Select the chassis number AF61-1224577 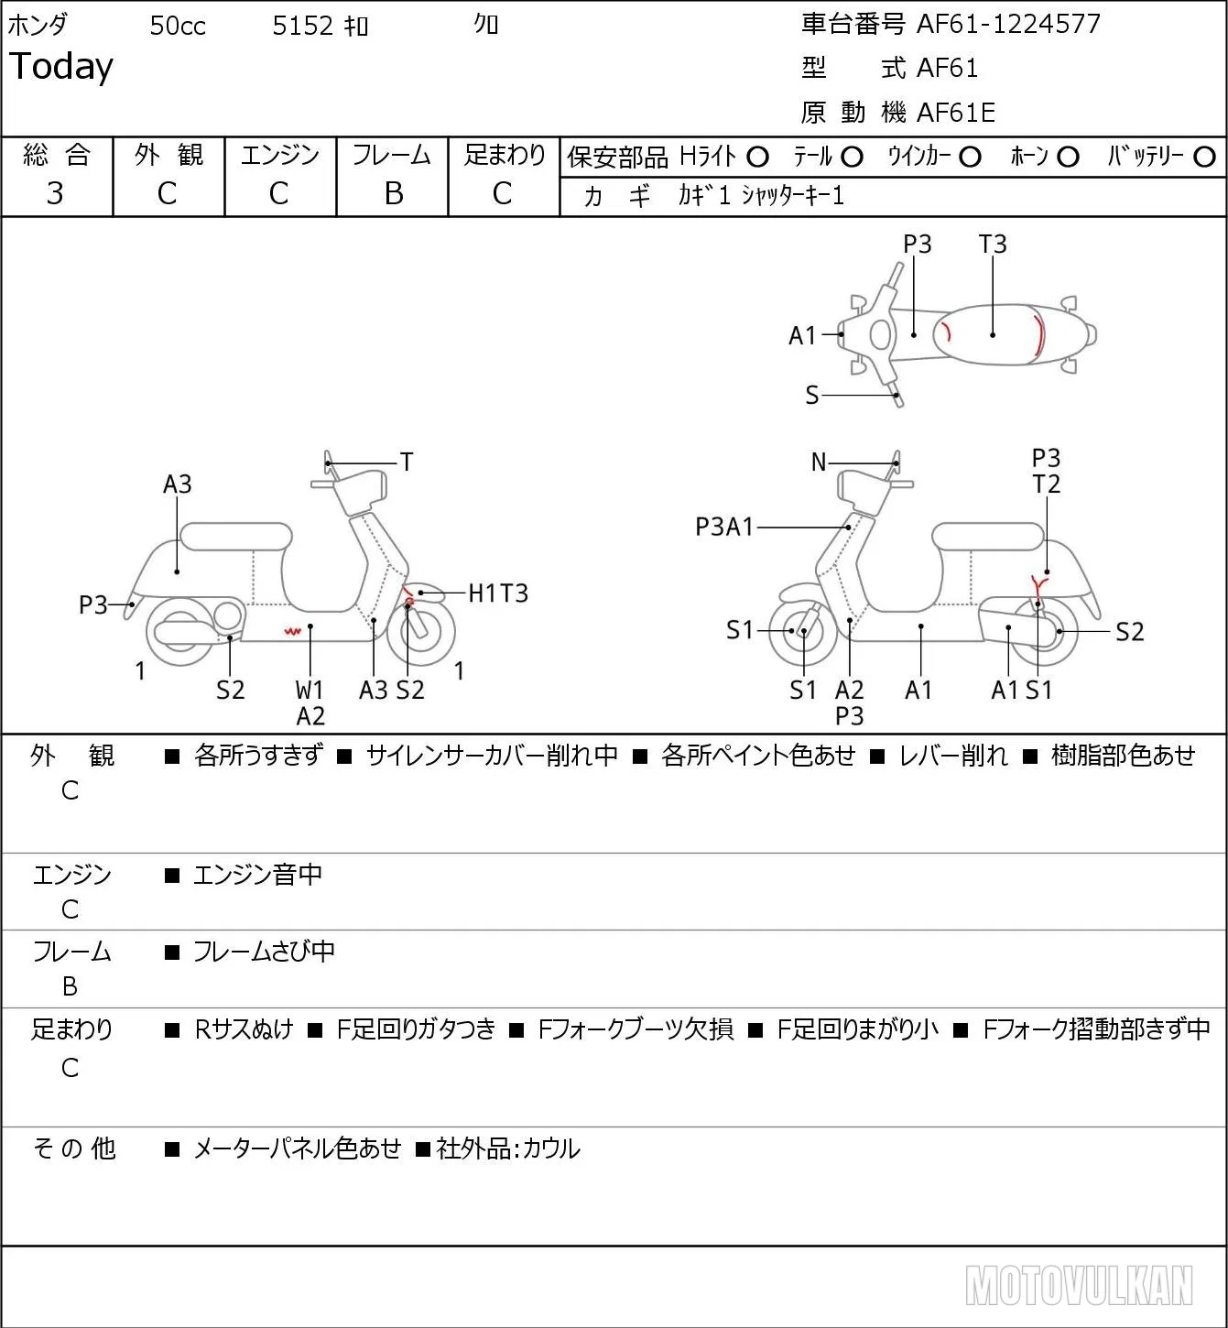click(x=1008, y=24)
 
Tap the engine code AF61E click(x=956, y=113)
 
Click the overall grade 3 click(x=55, y=193)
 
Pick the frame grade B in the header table click(x=393, y=193)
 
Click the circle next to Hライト click(x=757, y=158)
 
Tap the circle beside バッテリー click(x=1204, y=158)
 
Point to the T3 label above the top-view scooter click(x=992, y=244)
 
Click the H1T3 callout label click(x=498, y=593)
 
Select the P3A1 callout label click(x=724, y=527)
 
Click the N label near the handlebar click(x=819, y=463)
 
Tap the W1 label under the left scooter click(x=309, y=690)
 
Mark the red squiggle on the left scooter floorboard click(x=292, y=630)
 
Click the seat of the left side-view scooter click(x=236, y=537)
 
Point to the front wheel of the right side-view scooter click(x=802, y=631)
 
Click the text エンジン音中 click(x=257, y=875)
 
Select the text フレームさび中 click(x=264, y=952)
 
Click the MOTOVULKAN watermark click(x=1079, y=1285)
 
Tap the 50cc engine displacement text click(x=178, y=26)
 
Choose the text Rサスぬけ click(x=244, y=1029)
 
